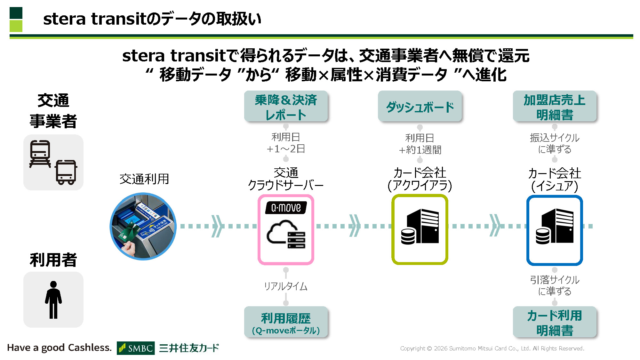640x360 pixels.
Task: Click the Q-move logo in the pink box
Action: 286,208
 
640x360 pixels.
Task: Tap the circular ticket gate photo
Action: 143,226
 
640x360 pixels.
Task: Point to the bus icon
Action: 66,172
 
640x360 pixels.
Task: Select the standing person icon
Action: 53,300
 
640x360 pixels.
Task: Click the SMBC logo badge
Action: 136,348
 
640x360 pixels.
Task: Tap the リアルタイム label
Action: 286,286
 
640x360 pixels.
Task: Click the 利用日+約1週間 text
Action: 420,144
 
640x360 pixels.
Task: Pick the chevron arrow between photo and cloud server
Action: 217,226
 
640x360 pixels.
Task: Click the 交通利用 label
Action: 144,179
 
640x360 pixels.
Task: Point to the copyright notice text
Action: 492,348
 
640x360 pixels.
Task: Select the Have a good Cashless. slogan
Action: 60,348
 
